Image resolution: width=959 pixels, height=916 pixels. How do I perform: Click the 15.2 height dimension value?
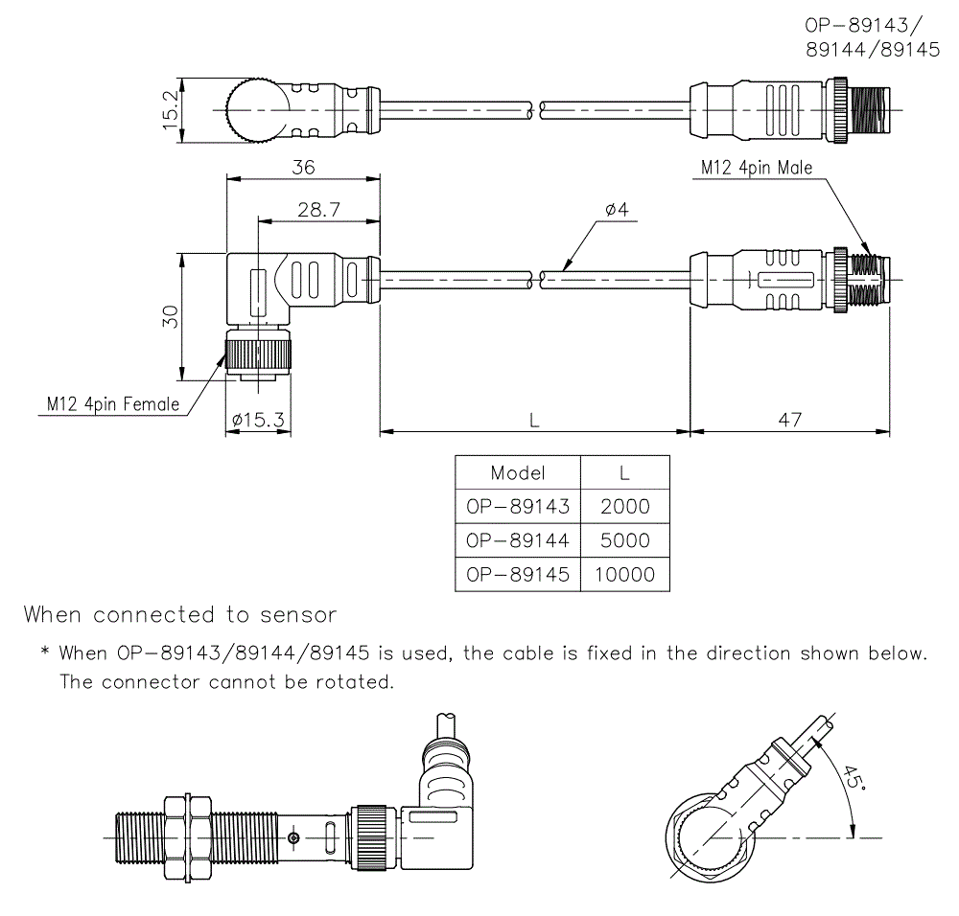pos(170,111)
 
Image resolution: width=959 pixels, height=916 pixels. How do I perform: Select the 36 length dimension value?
pos(303,167)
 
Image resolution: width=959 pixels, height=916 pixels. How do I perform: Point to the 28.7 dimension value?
pos(318,210)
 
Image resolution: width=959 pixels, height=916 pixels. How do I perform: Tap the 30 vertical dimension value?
pos(170,317)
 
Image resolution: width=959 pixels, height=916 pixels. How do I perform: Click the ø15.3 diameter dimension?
pos(258,420)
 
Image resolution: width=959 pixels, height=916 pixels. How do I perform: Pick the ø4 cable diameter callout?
pos(616,210)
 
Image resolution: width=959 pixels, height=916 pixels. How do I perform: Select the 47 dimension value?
pos(789,420)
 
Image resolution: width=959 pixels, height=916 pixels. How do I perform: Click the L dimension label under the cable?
pos(535,420)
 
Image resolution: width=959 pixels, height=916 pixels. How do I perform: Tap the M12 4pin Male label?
pos(756,168)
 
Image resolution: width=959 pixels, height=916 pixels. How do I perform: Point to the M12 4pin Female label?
pos(113,404)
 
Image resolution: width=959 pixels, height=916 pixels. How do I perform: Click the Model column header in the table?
pos(517,472)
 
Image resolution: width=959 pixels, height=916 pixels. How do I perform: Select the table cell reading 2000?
pos(624,507)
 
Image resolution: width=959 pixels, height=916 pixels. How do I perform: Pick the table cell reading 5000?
pos(624,540)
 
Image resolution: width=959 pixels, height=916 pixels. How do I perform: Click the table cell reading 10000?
pos(624,575)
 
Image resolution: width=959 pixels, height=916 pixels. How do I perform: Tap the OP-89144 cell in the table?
pos(517,540)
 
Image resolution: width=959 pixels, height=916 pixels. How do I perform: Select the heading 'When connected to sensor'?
pos(180,614)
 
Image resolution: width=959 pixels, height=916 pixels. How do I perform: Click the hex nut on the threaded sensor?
pos(187,837)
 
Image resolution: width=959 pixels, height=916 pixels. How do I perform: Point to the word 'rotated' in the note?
pos(358,683)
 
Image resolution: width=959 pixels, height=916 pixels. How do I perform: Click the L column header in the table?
pos(624,472)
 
